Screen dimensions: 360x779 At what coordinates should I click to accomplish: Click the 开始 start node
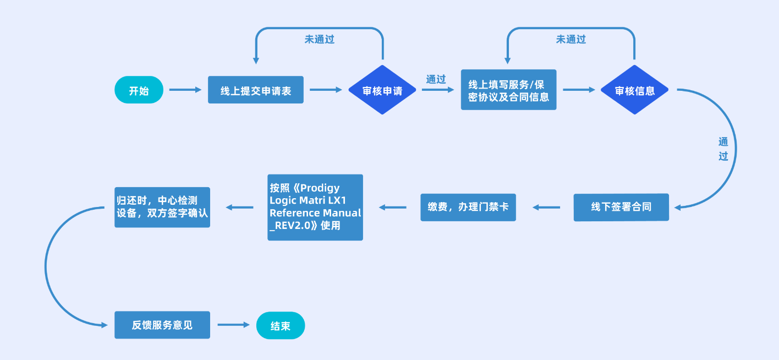click(139, 90)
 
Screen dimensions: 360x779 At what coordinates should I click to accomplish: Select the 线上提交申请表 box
click(255, 90)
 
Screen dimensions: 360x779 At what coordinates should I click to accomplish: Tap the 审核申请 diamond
click(382, 90)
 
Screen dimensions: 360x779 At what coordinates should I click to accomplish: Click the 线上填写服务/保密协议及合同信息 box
click(508, 90)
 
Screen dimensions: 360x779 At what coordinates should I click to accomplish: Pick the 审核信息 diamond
click(634, 90)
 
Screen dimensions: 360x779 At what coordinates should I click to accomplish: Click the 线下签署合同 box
click(621, 207)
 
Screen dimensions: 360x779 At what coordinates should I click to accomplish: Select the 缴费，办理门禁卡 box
click(468, 207)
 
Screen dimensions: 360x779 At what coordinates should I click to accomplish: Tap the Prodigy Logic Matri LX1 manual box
click(315, 207)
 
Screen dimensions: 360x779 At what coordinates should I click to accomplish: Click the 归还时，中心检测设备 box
click(162, 207)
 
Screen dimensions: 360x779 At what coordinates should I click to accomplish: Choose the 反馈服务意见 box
click(162, 325)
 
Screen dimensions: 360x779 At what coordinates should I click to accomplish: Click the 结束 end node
click(281, 325)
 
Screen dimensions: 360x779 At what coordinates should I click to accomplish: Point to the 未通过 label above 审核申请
click(319, 40)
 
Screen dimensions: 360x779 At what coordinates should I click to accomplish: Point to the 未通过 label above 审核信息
click(570, 40)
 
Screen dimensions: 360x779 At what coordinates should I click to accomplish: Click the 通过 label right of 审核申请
click(436, 79)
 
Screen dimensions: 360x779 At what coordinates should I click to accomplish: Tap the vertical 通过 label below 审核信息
click(723, 149)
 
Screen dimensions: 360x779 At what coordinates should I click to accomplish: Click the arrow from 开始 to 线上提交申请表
click(185, 90)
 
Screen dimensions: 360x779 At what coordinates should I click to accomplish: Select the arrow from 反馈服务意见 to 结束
click(233, 325)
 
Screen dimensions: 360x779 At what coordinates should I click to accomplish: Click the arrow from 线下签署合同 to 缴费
click(546, 207)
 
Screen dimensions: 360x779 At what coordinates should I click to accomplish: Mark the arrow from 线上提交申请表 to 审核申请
click(326, 90)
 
